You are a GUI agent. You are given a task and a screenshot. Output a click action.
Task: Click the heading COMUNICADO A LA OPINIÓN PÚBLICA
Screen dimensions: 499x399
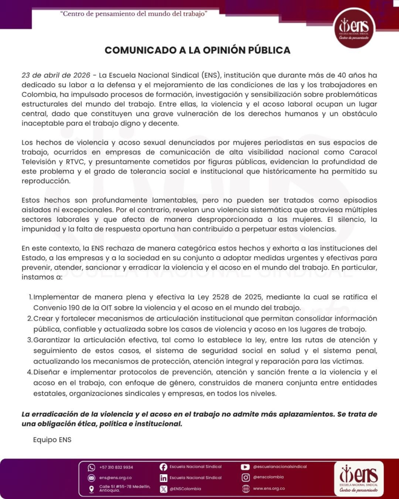[x=197, y=50]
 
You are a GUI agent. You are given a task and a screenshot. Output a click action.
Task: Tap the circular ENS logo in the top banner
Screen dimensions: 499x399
[x=354, y=28]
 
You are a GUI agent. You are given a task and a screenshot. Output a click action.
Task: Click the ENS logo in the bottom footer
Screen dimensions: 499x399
[x=358, y=478]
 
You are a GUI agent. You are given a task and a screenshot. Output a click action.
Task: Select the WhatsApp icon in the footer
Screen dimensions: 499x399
[x=91, y=467]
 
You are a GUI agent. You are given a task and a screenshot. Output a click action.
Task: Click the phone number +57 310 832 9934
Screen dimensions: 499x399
[x=116, y=467]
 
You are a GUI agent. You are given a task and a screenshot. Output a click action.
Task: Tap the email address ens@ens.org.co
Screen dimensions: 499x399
[x=115, y=478]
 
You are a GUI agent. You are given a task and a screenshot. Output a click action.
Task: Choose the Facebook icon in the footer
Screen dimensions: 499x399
[x=163, y=467]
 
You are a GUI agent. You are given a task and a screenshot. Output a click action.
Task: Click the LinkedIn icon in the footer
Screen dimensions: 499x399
[x=163, y=478]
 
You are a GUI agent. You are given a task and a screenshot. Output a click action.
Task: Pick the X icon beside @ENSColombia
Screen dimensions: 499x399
[x=163, y=489]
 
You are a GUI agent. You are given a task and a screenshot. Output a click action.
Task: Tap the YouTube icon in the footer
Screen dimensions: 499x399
[x=245, y=467]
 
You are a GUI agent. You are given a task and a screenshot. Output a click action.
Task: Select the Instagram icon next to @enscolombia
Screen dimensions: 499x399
[x=245, y=478]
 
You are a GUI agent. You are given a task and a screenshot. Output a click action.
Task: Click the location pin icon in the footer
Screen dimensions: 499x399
[x=91, y=489]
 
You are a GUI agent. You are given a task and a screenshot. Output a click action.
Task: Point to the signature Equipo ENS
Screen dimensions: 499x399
[x=52, y=440]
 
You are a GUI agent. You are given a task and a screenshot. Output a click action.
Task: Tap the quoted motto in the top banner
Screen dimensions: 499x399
[x=134, y=14]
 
